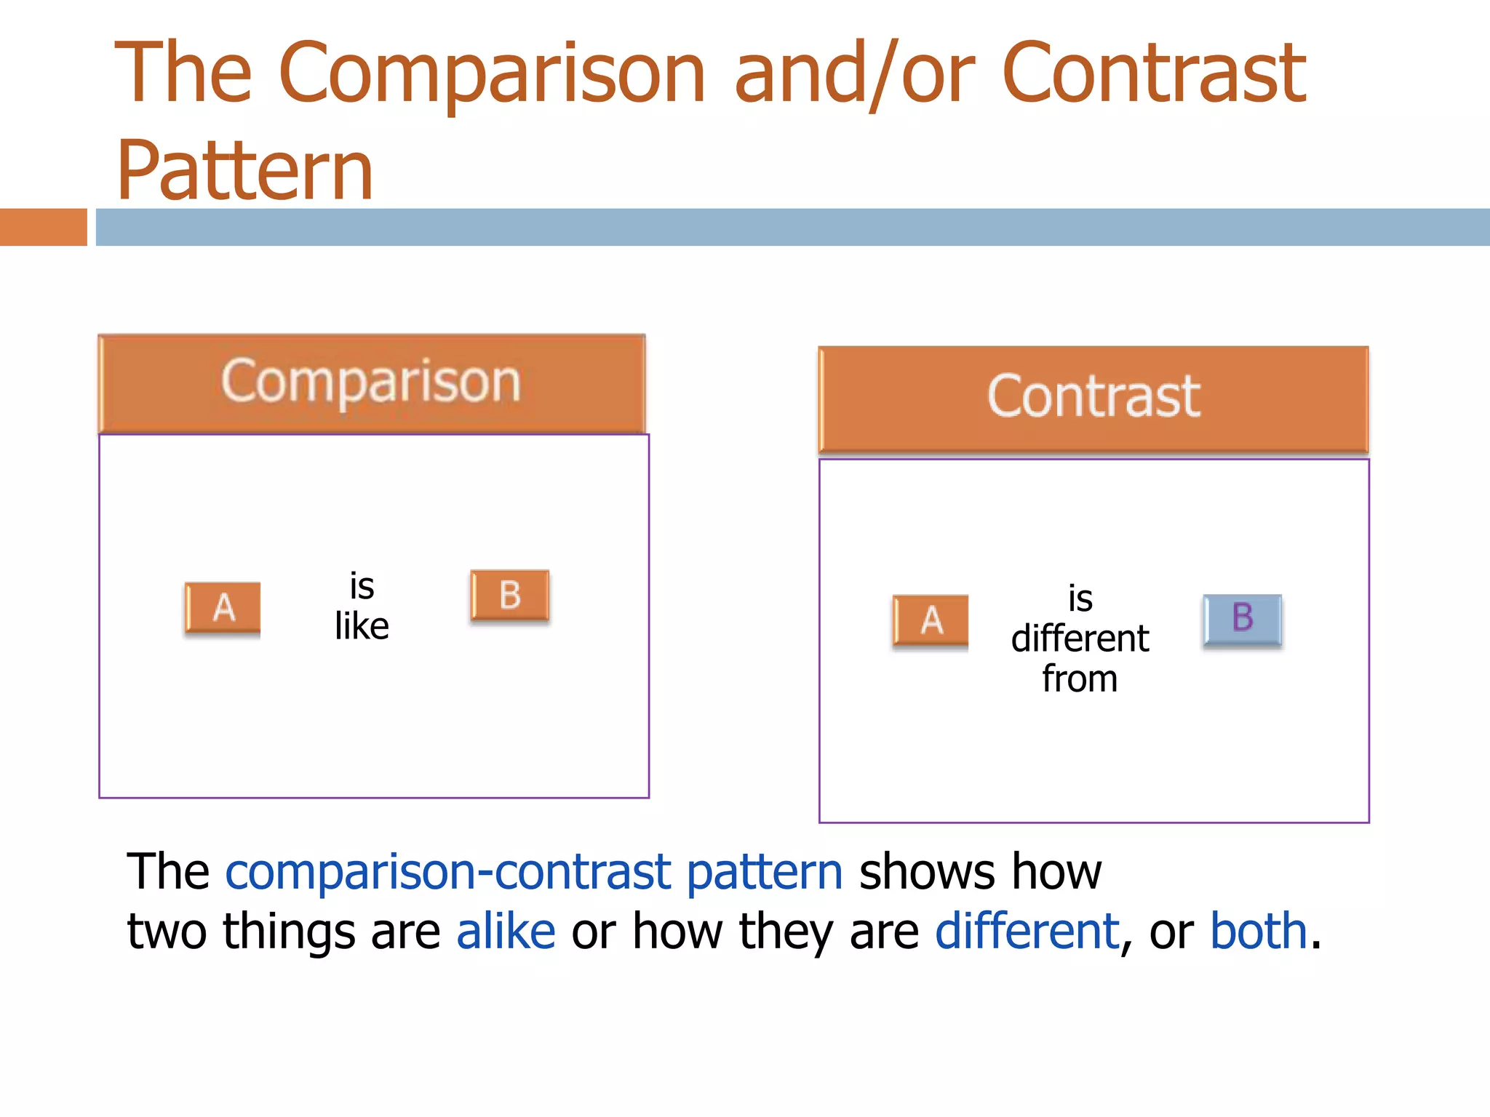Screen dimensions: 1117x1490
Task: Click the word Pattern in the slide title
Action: (244, 172)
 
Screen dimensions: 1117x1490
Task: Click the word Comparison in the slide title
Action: (492, 74)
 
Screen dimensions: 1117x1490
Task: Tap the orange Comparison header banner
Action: (371, 383)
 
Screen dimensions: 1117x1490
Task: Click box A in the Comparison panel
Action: (223, 608)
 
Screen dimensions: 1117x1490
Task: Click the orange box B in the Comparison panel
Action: (509, 595)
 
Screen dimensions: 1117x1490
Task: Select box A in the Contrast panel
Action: (931, 620)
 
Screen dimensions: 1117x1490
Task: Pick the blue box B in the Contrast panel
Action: (1242, 619)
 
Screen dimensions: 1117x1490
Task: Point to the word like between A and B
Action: (362, 626)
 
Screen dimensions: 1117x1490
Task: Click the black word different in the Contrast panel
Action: (1080, 639)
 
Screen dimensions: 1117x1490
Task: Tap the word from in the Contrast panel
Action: (1080, 679)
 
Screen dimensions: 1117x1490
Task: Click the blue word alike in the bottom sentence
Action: (506, 932)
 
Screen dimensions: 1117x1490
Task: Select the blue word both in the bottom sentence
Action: (1259, 932)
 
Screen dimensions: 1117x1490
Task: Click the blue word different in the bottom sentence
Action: (1027, 932)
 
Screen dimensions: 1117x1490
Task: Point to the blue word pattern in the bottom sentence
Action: (764, 873)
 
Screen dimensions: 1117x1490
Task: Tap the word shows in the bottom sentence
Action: (926, 873)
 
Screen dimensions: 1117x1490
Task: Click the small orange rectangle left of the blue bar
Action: (43, 227)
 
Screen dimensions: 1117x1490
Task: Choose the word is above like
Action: (362, 586)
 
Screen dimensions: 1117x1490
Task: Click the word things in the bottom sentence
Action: (289, 932)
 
